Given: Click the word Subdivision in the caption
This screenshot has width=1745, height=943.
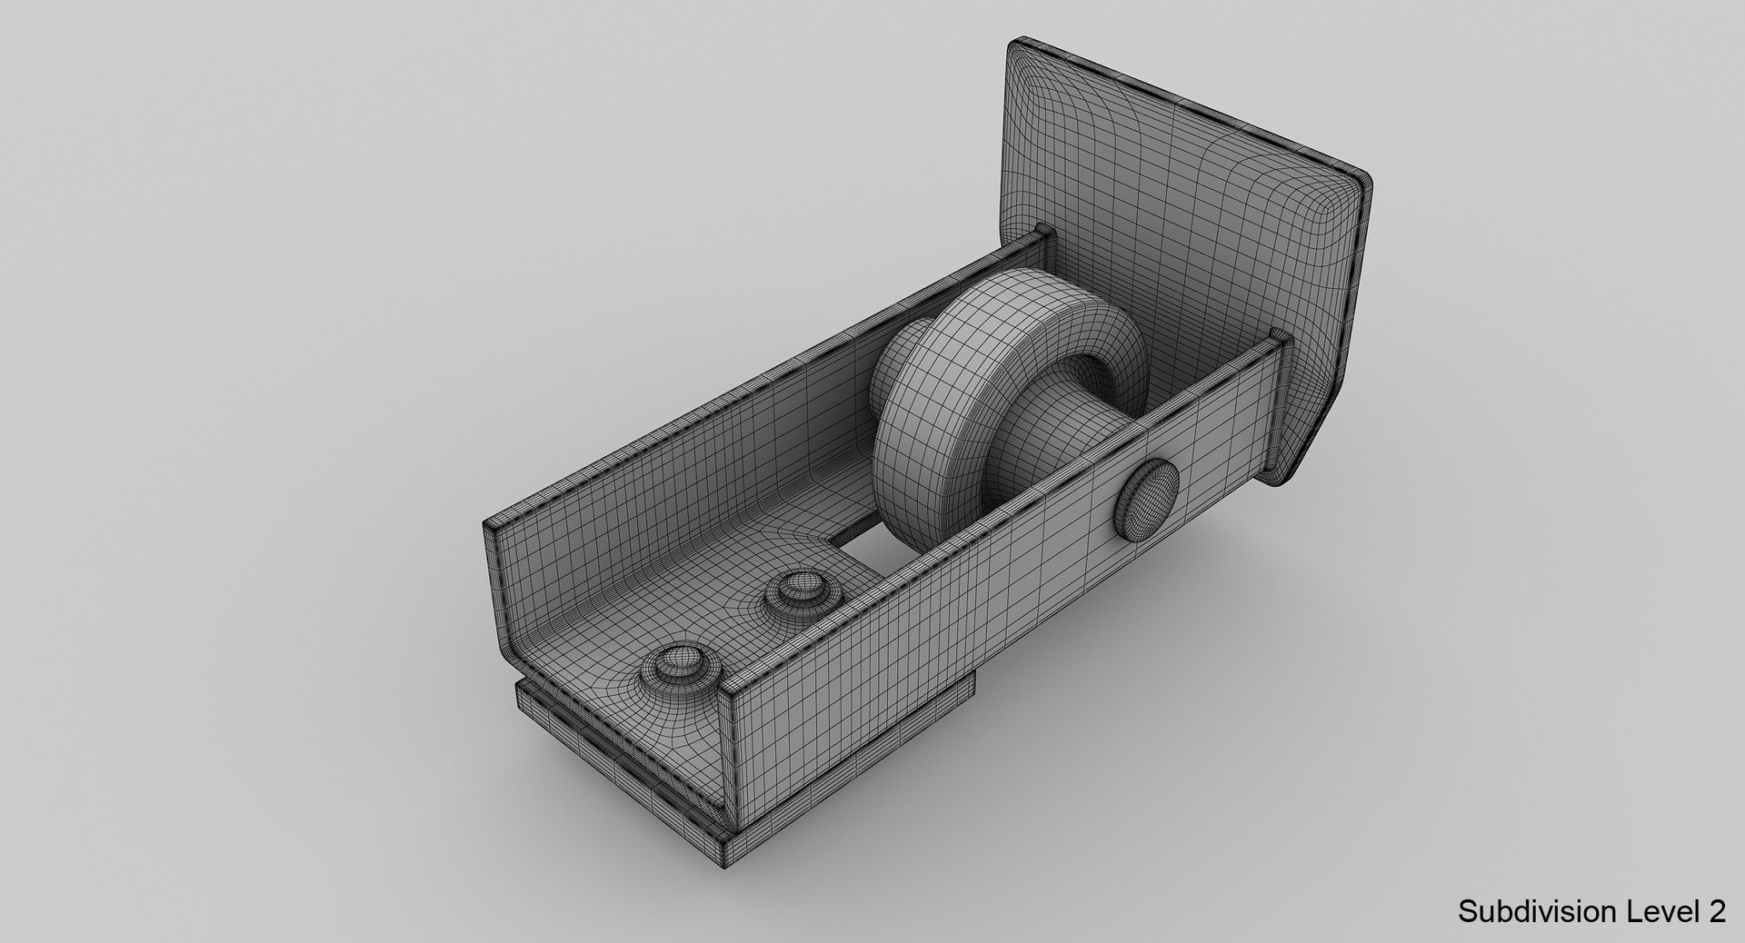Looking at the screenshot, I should click(x=1524, y=913).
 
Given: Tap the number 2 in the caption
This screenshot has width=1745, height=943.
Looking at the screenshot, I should click(x=1717, y=913).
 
